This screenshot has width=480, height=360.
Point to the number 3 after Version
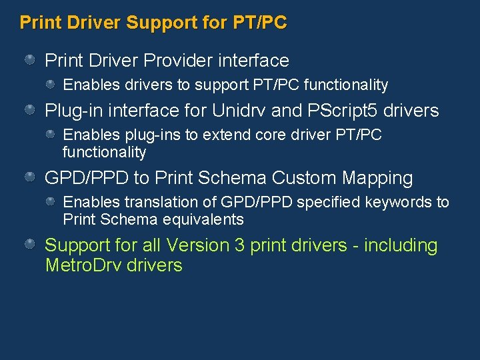point(240,245)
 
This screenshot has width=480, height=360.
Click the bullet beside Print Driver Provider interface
point(30,61)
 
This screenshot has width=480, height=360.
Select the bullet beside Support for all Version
point(30,245)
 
